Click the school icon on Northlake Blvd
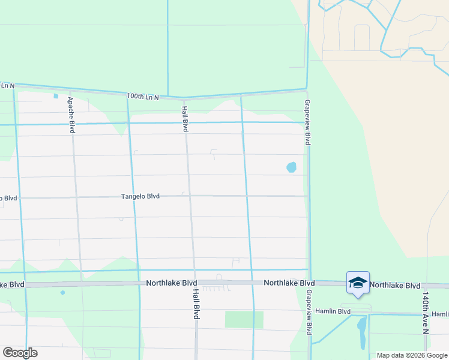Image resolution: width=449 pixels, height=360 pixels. [358, 283]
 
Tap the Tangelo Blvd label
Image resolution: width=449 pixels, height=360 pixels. [140, 196]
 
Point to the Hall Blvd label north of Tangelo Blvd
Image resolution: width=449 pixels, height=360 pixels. [185, 119]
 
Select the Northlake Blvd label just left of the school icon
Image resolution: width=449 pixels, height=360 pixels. [289, 283]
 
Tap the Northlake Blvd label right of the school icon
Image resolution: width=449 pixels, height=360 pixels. [395, 285]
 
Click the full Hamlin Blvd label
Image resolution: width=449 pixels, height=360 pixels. [336, 311]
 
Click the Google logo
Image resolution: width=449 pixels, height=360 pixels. [20, 353]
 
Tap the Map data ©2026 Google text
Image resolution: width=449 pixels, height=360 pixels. [412, 355]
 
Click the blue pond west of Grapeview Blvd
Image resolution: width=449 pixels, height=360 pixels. [292, 167]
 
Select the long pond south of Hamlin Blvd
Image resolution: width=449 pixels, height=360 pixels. [362, 333]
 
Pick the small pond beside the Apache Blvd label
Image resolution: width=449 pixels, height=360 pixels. [56, 95]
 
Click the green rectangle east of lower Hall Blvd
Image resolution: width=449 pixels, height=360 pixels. [244, 319]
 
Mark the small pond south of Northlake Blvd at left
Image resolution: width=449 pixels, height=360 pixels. [62, 293]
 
